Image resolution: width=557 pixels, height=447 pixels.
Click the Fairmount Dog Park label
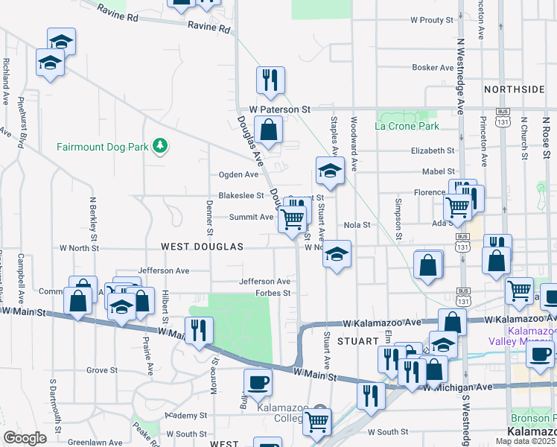point(103,147)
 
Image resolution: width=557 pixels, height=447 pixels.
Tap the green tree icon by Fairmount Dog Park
point(159,145)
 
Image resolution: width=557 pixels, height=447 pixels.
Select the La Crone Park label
point(407,126)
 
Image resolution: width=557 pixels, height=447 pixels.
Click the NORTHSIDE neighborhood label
point(514,89)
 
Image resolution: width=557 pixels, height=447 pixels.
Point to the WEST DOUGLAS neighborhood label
point(202,246)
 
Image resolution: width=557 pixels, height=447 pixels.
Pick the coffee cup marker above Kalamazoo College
point(258,382)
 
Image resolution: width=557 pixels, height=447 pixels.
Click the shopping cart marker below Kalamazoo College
point(318,421)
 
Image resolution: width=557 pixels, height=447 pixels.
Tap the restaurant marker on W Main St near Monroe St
point(198,329)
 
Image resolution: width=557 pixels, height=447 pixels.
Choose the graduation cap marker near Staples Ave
point(328,171)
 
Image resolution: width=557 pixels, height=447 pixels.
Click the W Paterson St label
point(279,109)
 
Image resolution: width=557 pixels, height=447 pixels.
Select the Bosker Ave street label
point(433,68)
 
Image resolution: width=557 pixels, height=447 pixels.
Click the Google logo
point(25,438)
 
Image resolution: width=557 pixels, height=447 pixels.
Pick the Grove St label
point(102,370)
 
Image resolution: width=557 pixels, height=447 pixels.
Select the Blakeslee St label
point(241,196)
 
